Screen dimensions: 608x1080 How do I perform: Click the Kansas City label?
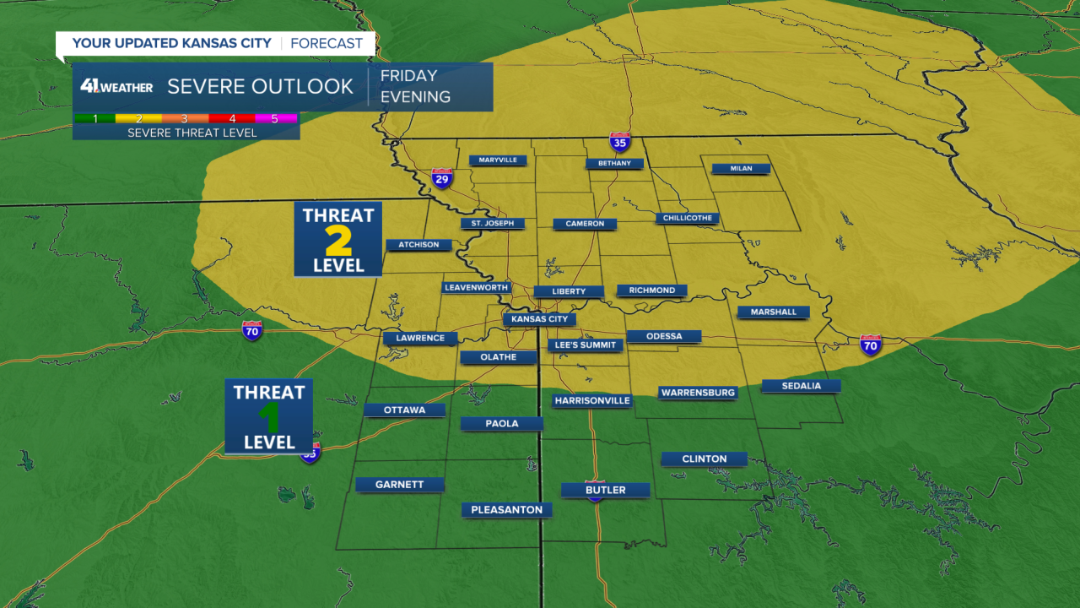tap(540, 319)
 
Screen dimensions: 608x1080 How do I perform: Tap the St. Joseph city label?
tap(493, 224)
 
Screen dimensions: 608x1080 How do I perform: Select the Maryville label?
tap(498, 160)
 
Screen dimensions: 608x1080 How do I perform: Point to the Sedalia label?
tap(801, 386)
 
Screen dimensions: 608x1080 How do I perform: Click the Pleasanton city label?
tap(507, 509)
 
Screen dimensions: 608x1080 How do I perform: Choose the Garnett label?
tap(400, 484)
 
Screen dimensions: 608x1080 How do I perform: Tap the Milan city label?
tap(741, 168)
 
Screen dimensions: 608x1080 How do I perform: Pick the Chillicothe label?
tap(688, 218)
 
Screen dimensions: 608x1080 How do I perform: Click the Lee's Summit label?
tap(586, 345)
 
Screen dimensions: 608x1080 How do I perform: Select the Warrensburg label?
tap(698, 393)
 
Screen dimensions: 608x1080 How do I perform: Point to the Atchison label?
tap(418, 245)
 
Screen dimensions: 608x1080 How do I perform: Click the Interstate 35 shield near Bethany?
tap(620, 142)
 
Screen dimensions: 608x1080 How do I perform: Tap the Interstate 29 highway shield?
tap(441, 178)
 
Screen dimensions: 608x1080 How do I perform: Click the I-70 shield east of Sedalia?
tap(871, 344)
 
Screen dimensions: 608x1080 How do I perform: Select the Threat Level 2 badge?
tap(337, 239)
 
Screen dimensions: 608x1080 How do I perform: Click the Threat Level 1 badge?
tap(269, 416)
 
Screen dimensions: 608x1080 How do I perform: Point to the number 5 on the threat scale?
tap(274, 118)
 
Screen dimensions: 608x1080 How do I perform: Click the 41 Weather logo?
tap(116, 86)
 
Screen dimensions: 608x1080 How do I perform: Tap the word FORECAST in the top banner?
tap(327, 43)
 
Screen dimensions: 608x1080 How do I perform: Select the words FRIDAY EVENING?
tap(415, 86)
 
